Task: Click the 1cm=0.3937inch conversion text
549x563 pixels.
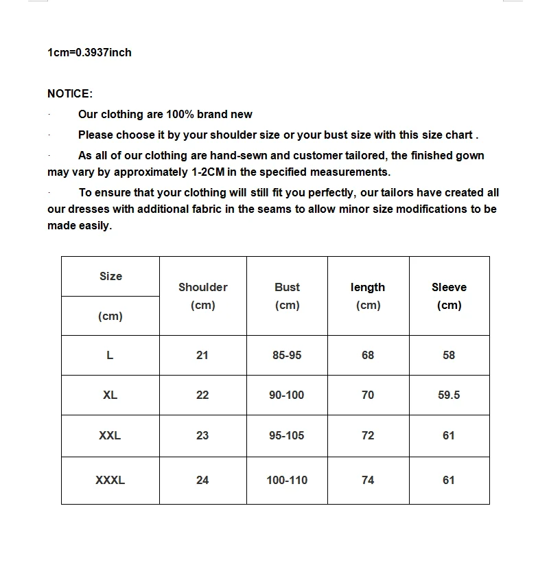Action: [x=89, y=52]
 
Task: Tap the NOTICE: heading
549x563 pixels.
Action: [x=70, y=93]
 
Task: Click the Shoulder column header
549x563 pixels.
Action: [x=202, y=288]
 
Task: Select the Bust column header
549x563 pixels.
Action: [x=287, y=288]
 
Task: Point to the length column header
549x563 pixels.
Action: [x=368, y=288]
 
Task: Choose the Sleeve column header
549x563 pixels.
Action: [x=449, y=288]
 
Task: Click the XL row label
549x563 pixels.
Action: [x=110, y=395]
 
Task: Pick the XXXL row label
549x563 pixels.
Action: [x=110, y=480]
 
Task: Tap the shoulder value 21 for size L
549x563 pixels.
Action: [x=202, y=355]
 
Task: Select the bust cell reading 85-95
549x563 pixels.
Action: [x=287, y=355]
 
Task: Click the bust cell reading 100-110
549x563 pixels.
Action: [x=287, y=480]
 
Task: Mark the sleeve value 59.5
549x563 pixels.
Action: [x=449, y=395]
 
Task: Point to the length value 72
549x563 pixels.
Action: [x=368, y=435]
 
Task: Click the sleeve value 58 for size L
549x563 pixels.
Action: [x=449, y=355]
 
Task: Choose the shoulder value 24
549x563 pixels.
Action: [x=202, y=480]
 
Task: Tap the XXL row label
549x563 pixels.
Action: [x=110, y=435]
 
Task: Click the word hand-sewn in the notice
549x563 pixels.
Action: [x=245, y=155]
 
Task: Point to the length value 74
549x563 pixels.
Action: [x=368, y=480]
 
